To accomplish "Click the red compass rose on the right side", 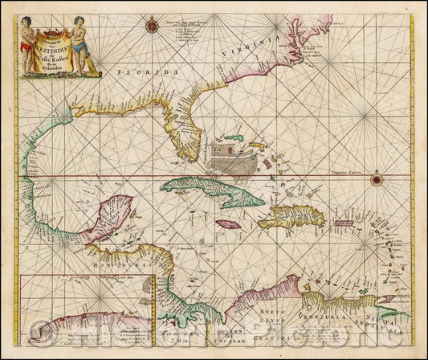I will click(376, 178).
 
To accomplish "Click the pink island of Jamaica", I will click(229, 226).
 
